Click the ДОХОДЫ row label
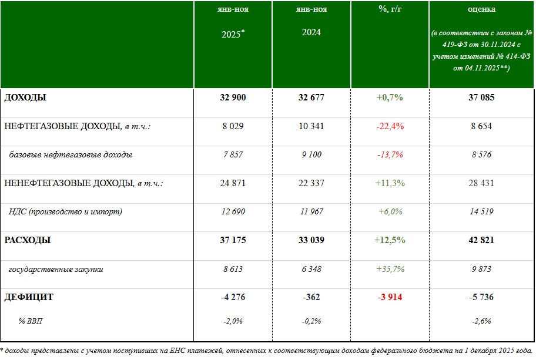coord(25,97)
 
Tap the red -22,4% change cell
coord(390,126)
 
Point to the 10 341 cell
coord(311,126)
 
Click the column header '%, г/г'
coord(390,9)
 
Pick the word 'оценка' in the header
coord(481,9)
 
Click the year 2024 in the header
coord(311,32)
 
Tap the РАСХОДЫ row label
coord(27,240)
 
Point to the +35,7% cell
coord(390,269)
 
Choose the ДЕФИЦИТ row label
coord(29,297)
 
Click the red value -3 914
coord(390,297)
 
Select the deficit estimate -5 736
coord(481,297)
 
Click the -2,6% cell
coord(481,321)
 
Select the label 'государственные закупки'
coord(56,269)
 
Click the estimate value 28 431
coord(481,183)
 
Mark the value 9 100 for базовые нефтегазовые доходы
coord(311,155)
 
